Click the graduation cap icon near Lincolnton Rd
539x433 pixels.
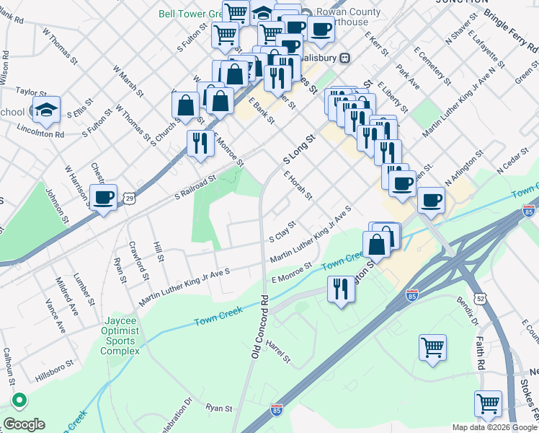pos(46,110)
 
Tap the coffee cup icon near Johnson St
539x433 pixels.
pos(103,197)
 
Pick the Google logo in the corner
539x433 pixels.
pos(25,424)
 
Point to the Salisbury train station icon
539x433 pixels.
pos(345,58)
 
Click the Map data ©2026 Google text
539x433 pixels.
pos(494,427)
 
